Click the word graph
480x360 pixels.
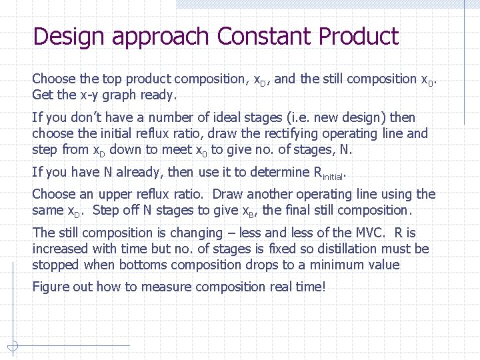click(117, 95)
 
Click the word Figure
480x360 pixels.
click(49, 287)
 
